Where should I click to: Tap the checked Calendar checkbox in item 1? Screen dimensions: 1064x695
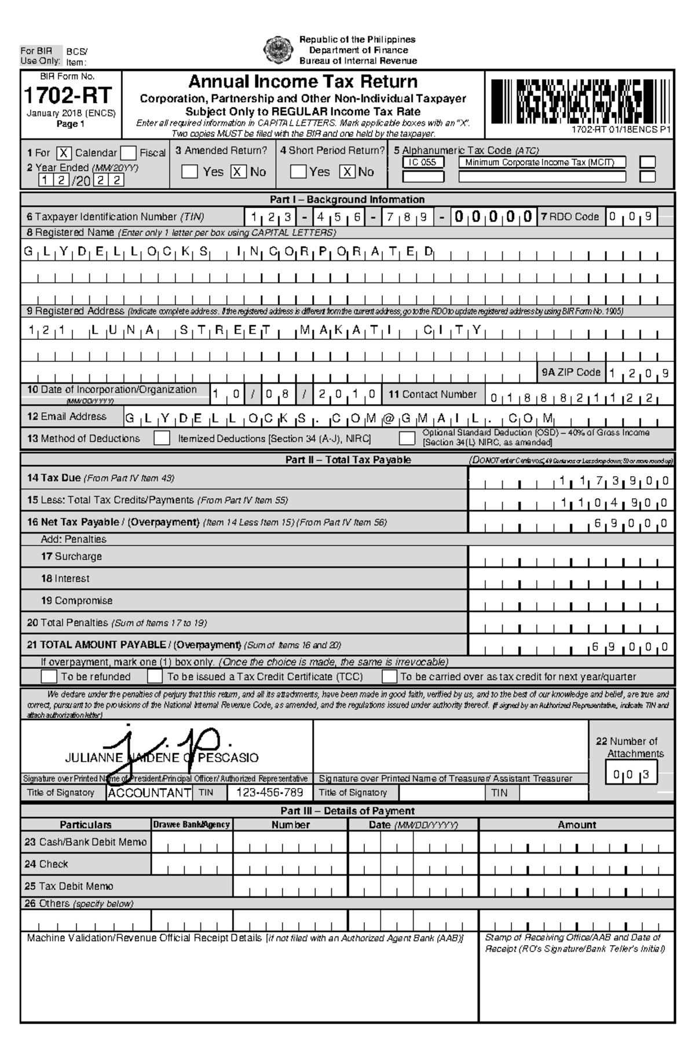point(64,153)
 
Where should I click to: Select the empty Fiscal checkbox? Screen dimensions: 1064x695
point(129,153)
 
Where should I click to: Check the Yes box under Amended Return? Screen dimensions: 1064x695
point(189,172)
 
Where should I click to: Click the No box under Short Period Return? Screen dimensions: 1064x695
point(347,172)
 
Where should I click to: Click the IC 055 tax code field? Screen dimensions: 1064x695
point(423,163)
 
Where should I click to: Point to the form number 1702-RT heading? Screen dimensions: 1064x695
point(68,95)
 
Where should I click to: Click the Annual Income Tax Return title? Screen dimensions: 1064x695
point(303,81)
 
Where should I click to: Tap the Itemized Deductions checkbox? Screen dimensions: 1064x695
point(162,438)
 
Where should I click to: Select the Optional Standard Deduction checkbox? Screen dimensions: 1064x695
point(407,438)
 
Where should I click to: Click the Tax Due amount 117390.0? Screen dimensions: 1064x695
point(614,481)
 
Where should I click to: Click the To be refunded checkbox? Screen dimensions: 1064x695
point(49,677)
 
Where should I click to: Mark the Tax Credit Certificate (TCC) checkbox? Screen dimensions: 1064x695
point(155,677)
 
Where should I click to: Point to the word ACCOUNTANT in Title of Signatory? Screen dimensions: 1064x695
point(149,793)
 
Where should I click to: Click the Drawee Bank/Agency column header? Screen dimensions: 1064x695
point(192,825)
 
